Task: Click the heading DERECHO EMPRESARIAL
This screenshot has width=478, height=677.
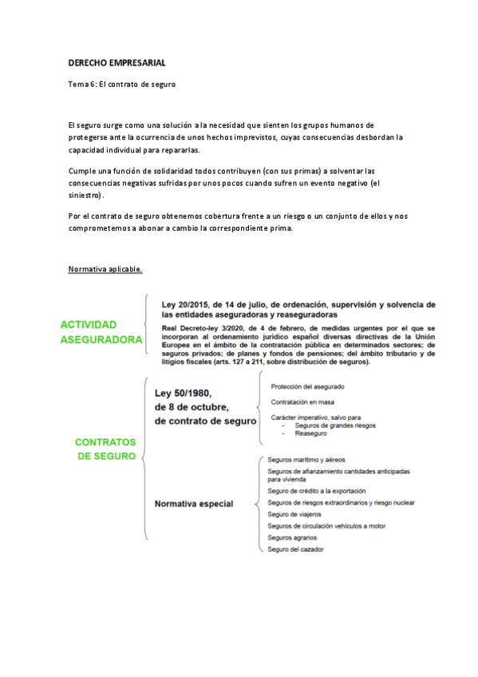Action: [x=117, y=62]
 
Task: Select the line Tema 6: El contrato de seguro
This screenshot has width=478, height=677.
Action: [x=121, y=84]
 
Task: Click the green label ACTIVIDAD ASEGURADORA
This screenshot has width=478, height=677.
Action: [x=101, y=332]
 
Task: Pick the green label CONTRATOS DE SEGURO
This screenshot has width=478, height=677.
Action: [x=105, y=449]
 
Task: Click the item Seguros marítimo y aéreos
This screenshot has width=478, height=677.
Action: [x=307, y=461]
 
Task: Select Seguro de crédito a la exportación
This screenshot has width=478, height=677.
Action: [x=317, y=491]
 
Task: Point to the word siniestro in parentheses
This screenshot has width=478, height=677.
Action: [x=85, y=196]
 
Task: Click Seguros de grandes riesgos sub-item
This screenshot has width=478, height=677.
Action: [x=335, y=426]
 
